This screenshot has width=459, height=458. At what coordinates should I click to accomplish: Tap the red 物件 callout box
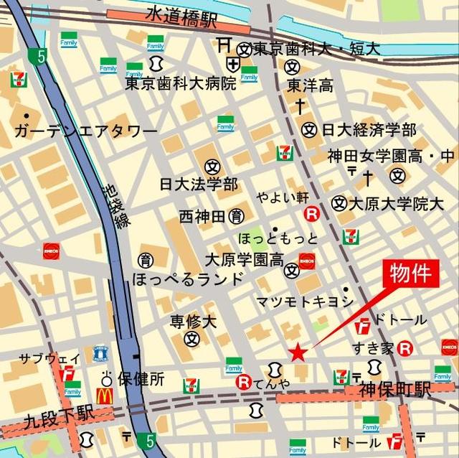(x=411, y=275)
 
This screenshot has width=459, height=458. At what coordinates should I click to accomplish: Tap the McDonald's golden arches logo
(x=105, y=395)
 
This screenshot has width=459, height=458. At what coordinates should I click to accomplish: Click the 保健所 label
(x=141, y=377)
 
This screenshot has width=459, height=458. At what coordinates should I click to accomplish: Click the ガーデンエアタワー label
(x=85, y=132)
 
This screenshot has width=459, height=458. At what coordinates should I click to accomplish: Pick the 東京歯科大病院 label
(x=180, y=83)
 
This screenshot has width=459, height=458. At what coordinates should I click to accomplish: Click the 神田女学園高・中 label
(x=391, y=155)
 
